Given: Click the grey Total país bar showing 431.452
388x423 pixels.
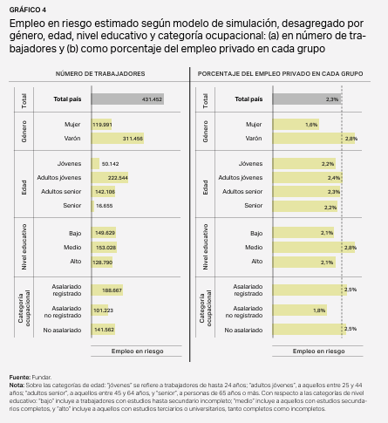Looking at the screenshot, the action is pyautogui.click(x=127, y=99).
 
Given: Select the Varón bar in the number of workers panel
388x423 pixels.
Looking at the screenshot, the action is pyautogui.click(x=118, y=139).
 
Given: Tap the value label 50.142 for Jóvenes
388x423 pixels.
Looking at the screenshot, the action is pyautogui.click(x=110, y=164).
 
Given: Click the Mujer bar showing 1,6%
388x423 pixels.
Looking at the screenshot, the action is pyautogui.click(x=296, y=125).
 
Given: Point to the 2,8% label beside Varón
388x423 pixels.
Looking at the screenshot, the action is pyautogui.click(x=351, y=139).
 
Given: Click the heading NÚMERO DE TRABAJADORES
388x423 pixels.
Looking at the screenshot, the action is pyautogui.click(x=100, y=74).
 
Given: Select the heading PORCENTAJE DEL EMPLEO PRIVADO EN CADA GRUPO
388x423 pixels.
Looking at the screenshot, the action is pyautogui.click(x=280, y=74).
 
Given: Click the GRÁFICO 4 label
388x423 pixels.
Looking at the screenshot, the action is pyautogui.click(x=28, y=10).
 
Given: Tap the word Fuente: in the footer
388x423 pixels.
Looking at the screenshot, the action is pyautogui.click(x=20, y=378).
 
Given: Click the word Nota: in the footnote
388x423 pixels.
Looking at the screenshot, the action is pyautogui.click(x=17, y=385).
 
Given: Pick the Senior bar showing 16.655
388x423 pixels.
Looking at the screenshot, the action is pyautogui.click(x=92, y=206).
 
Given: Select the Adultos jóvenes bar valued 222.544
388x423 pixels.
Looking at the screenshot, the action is pyautogui.click(x=110, y=178).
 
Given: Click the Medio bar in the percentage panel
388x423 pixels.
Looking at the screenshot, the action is pyautogui.click(x=314, y=248).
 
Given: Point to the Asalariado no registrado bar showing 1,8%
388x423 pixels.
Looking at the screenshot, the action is pyautogui.click(x=300, y=310).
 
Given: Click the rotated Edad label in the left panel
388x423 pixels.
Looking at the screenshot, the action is pyautogui.click(x=24, y=188).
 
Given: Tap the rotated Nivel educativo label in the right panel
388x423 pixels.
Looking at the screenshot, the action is pyautogui.click(x=205, y=247).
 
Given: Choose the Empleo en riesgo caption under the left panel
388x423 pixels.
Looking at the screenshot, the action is pyautogui.click(x=138, y=351).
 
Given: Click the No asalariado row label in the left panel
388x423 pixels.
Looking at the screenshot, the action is pyautogui.click(x=62, y=331).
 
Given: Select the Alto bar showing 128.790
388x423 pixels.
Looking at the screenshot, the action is pyautogui.click(x=102, y=263).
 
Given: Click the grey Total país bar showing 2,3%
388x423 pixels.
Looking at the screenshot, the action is pyautogui.click(x=307, y=99).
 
